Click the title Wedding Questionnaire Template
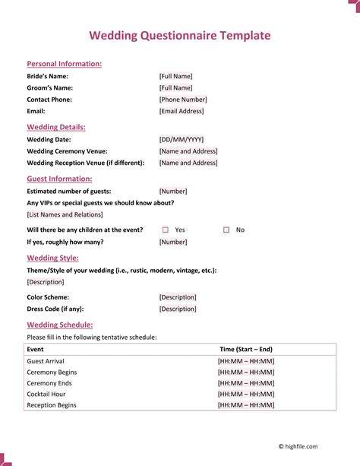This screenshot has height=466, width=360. tap(179, 36)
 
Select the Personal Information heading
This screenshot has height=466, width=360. tap(65, 64)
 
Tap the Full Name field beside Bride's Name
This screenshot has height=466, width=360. tap(175, 76)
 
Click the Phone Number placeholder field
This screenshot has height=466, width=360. tap(182, 100)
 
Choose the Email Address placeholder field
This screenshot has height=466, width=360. tap(182, 111)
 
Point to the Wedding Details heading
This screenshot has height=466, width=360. tap(56, 127)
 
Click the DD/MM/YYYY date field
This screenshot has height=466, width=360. tap(182, 140)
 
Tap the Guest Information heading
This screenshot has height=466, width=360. tap(59, 179)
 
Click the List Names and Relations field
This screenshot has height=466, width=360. tap(65, 214)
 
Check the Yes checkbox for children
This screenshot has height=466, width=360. tap(166, 230)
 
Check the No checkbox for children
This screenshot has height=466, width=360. tap(226, 230)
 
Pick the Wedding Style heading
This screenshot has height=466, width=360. tap(52, 258)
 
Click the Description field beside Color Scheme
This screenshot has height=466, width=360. tap(178, 297)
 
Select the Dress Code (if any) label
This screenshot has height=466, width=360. tap(55, 309)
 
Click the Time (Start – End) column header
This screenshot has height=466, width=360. tap(247, 349)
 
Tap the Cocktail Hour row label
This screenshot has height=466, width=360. tap(46, 395)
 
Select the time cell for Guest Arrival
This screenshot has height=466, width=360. tap(246, 361)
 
